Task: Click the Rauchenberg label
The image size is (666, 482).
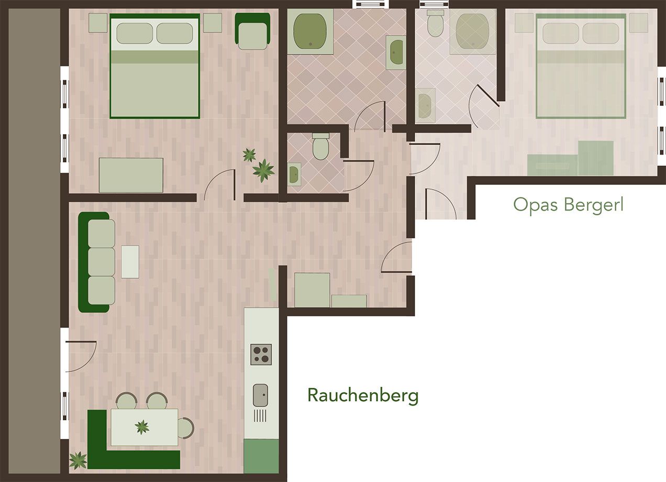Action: point(363,396)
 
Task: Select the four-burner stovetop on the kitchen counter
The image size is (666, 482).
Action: point(261,354)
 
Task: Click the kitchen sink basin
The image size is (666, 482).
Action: point(260,395)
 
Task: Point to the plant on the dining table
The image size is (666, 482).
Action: point(142,428)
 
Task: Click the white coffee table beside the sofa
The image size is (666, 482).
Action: point(130,262)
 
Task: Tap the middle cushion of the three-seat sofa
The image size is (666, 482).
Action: point(102,262)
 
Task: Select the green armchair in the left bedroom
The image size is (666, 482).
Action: point(252,31)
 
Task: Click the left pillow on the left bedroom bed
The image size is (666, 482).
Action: point(135,34)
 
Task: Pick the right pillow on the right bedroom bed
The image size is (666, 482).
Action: point(601,34)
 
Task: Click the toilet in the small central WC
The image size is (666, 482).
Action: point(320,146)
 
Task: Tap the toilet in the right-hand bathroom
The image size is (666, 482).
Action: point(435,23)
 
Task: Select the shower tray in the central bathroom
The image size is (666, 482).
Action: point(310,31)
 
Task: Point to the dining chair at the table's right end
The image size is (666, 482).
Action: point(186,428)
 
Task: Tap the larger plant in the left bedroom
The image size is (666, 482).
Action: point(263,170)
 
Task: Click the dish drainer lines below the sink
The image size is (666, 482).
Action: point(260,416)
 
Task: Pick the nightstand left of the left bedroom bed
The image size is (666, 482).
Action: point(98,23)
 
